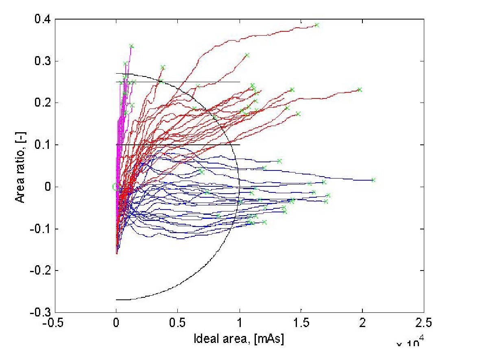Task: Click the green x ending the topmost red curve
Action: pos(317,25)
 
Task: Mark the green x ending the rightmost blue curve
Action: pos(373,180)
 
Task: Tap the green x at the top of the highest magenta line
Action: pos(131,46)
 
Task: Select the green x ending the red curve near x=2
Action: pos(360,89)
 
